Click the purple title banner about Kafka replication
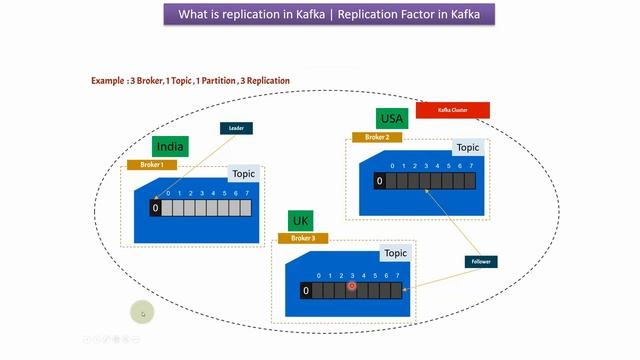tap(329, 15)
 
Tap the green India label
tap(171, 147)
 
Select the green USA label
tap(390, 119)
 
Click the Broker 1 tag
tap(152, 164)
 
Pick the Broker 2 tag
tap(377, 137)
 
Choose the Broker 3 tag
tap(302, 238)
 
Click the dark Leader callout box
tap(236, 128)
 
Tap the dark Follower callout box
tap(483, 262)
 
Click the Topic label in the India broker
tap(243, 174)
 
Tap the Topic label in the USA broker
tap(467, 148)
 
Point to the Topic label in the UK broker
tap(395, 254)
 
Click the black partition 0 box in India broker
tap(155, 208)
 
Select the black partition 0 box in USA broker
tap(379, 181)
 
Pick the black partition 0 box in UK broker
tap(306, 291)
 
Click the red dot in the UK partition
tap(352, 286)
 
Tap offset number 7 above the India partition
tap(246, 193)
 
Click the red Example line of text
tap(190, 80)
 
